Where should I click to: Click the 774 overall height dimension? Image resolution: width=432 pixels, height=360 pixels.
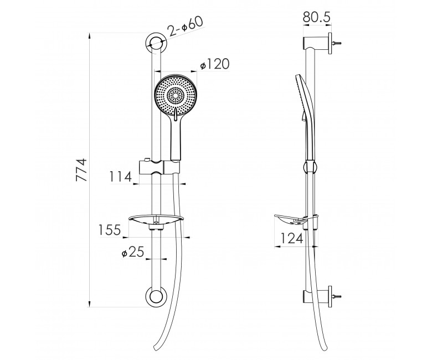click(81, 170)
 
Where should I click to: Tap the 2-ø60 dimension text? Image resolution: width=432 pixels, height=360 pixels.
click(185, 27)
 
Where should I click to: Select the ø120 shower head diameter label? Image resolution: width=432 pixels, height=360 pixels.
click(215, 65)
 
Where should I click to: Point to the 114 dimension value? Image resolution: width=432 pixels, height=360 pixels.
click(121, 177)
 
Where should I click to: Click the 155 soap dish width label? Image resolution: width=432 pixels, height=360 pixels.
click(110, 230)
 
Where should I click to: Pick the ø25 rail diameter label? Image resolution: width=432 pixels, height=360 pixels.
click(133, 252)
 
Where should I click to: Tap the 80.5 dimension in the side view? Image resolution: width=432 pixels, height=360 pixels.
click(316, 17)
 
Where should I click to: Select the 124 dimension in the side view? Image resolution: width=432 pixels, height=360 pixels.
click(292, 239)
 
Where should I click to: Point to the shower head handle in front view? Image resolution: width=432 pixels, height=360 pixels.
click(176, 138)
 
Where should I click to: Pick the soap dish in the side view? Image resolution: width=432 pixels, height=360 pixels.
click(296, 220)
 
